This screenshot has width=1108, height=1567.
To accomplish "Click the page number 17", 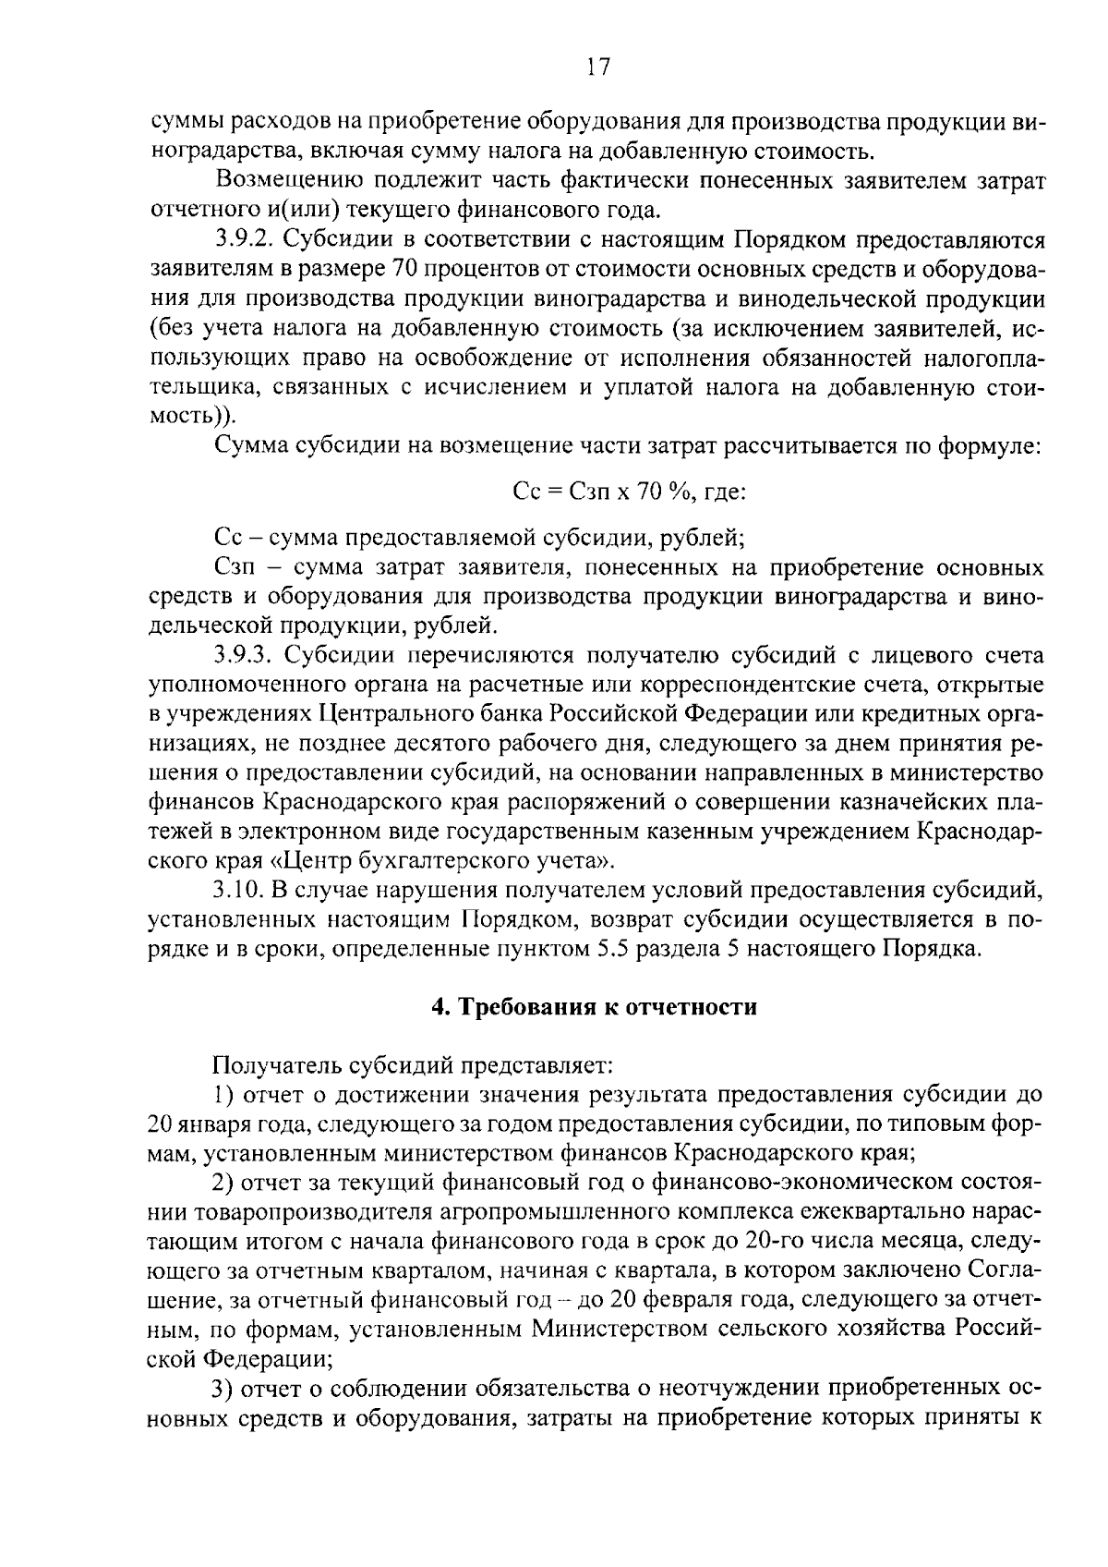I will tap(597, 67).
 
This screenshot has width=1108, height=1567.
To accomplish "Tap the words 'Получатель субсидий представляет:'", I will tap(413, 1065).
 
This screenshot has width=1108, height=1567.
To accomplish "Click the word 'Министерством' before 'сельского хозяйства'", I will tap(605, 1330).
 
